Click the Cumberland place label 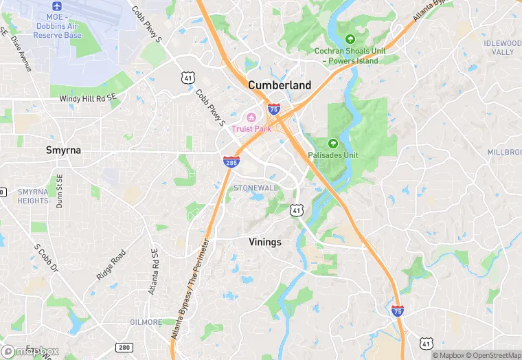click(x=279, y=85)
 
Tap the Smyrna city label click(x=63, y=149)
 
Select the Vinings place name click(x=264, y=242)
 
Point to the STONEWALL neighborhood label click(x=256, y=188)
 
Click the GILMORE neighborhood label click(x=146, y=322)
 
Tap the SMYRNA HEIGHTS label click(x=32, y=196)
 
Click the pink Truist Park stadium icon click(x=251, y=116)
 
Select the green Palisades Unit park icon click(x=333, y=144)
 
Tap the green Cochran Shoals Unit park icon click(x=350, y=38)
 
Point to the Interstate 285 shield click(x=231, y=162)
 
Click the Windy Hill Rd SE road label click(x=88, y=99)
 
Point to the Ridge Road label click(x=111, y=265)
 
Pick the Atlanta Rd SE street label click(x=155, y=271)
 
